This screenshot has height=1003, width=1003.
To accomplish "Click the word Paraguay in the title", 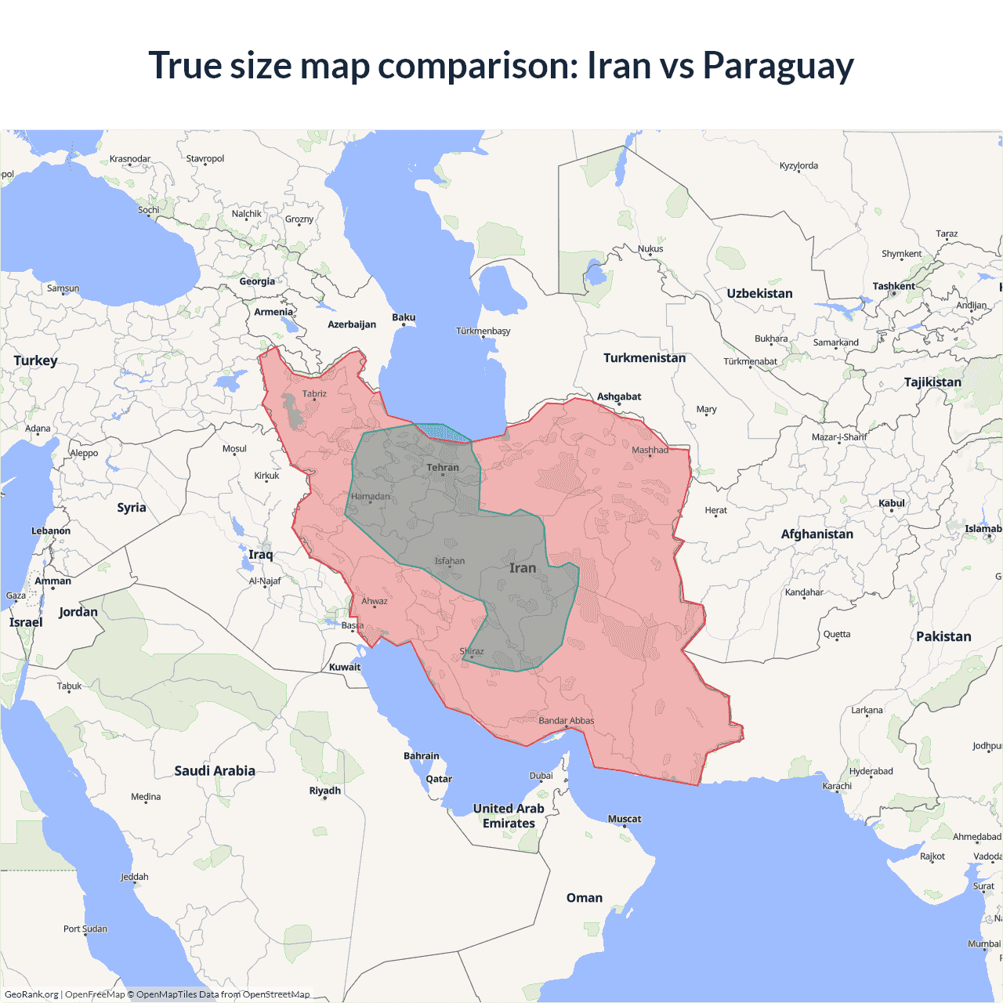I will tap(777, 66).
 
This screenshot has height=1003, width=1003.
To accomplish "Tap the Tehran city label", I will tap(443, 468).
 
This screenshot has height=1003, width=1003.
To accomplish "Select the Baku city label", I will tap(404, 317).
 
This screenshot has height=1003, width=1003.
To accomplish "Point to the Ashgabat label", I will tap(619, 396).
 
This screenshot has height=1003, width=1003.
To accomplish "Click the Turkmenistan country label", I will tap(644, 358).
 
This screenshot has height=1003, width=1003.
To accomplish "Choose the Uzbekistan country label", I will tap(759, 294).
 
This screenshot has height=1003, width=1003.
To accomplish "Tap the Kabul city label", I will tap(892, 503).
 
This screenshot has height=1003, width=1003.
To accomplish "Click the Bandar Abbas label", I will tap(566, 721).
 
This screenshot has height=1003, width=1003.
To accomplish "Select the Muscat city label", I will tap(625, 819).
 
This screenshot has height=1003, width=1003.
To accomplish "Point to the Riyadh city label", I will tap(324, 791).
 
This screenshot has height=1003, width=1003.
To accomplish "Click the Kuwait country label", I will tap(345, 668).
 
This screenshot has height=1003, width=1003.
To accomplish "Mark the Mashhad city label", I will tap(650, 450).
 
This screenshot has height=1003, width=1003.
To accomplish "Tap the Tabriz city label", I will tap(314, 394).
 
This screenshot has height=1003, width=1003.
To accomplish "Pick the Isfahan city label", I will tap(450, 561).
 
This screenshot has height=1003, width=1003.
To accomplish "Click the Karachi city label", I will tap(837, 786).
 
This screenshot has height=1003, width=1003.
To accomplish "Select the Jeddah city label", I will tap(135, 877).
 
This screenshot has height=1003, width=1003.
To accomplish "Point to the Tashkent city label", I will tap(893, 287).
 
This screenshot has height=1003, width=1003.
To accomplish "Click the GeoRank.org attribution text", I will tap(31, 994).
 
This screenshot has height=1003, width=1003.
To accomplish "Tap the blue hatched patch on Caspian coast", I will tap(441, 431).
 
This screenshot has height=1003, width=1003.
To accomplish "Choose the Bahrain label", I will tap(422, 756).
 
